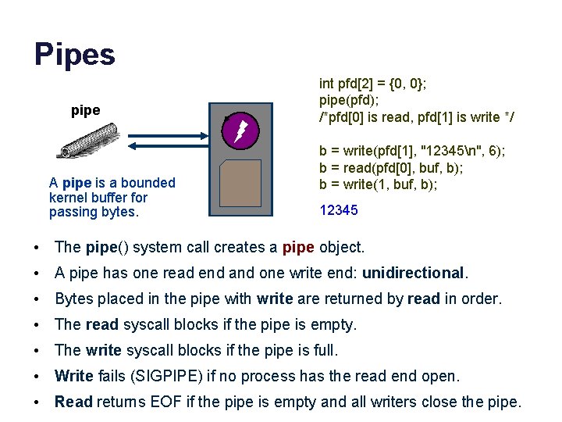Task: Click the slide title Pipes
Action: pyautogui.click(x=74, y=55)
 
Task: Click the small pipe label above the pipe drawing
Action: pyautogui.click(x=85, y=110)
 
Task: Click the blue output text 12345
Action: pyautogui.click(x=340, y=209)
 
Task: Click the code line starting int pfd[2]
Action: pyautogui.click(x=376, y=83)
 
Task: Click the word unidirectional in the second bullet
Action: pyautogui.click(x=413, y=273)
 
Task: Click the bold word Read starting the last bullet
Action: pyautogui.click(x=73, y=402)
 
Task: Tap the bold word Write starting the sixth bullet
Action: pyautogui.click(x=74, y=376)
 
